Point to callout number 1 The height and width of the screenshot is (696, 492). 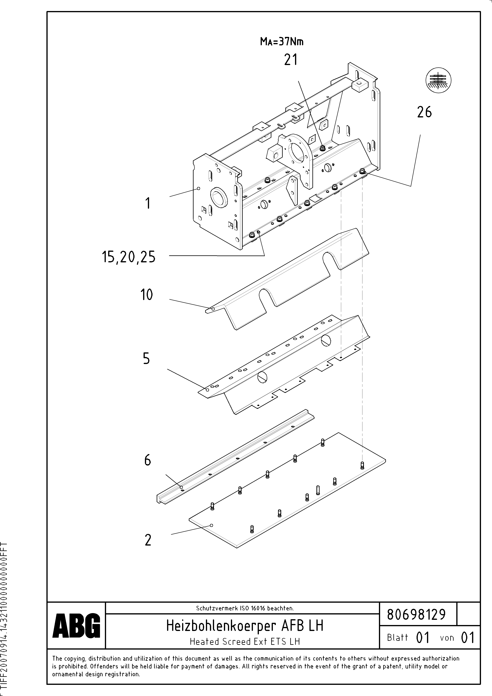click(x=148, y=203)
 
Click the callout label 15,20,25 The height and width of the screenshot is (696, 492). click(x=129, y=258)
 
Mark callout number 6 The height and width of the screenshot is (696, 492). click(x=147, y=460)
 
